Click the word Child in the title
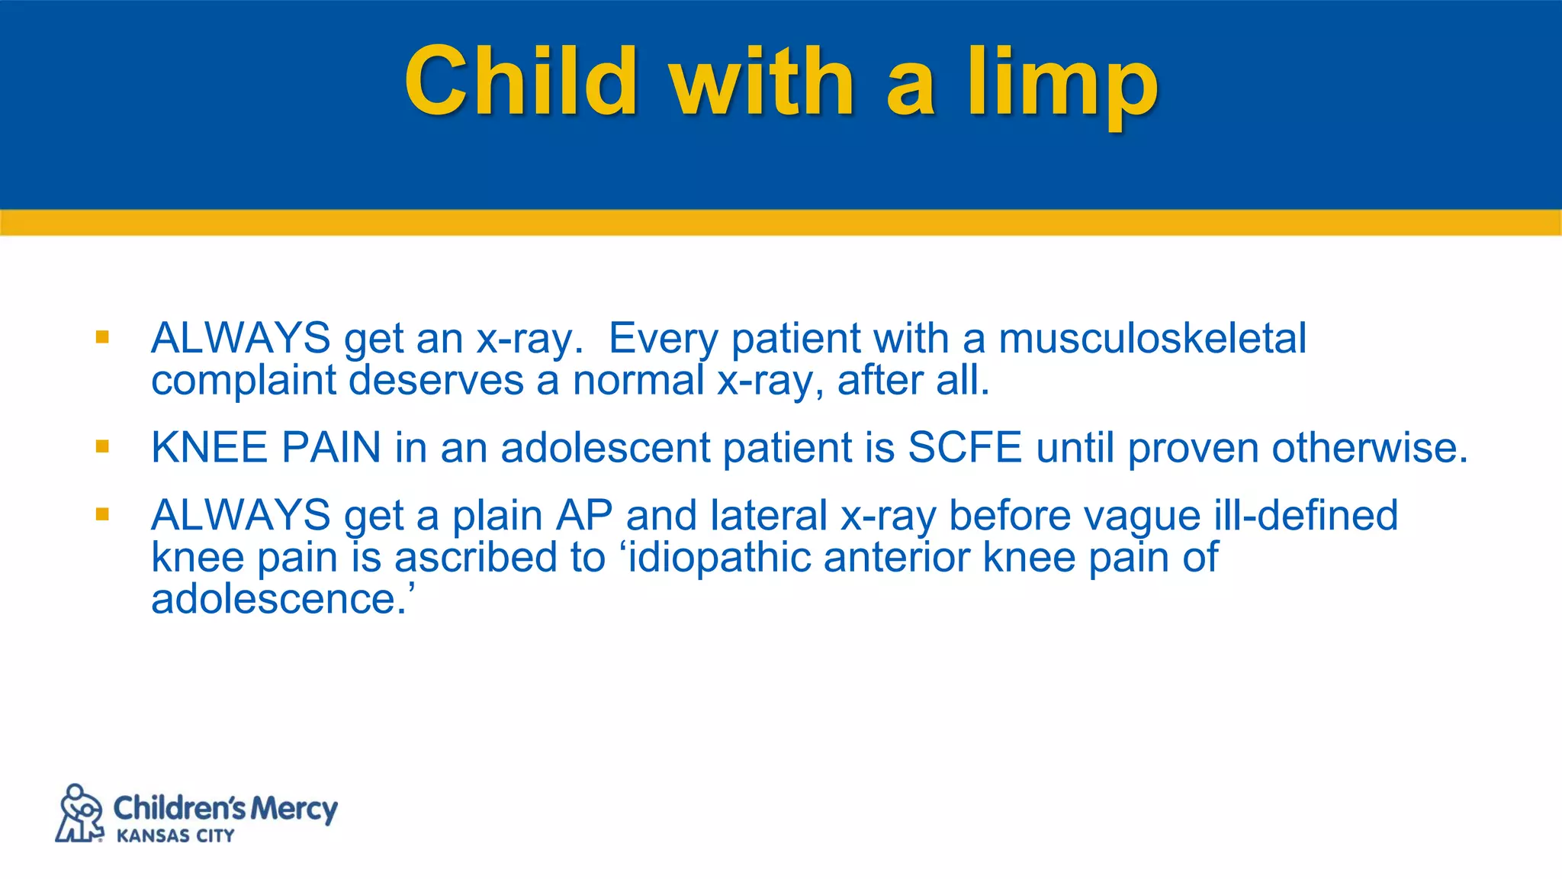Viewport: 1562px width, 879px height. (520, 81)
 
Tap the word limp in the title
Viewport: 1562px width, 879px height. (1063, 84)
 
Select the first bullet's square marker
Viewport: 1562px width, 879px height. (102, 336)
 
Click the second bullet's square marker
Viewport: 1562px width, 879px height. (102, 446)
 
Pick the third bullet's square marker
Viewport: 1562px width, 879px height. (102, 514)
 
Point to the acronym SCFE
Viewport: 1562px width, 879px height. (965, 447)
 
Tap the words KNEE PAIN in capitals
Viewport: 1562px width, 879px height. (265, 447)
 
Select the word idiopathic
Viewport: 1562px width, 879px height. (718, 557)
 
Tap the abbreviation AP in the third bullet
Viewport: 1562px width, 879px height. (584, 515)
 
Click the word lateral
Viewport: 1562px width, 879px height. (768, 515)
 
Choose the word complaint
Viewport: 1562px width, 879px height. (243, 380)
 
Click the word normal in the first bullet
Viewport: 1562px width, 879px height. (638, 380)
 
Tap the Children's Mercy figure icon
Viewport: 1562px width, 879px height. (79, 813)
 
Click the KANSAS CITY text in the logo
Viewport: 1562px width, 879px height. (175, 836)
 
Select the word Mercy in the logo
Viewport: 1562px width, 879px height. (294, 809)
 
